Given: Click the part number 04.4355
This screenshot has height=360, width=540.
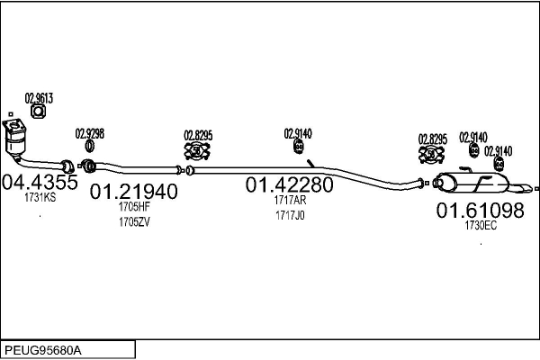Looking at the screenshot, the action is coord(40,181).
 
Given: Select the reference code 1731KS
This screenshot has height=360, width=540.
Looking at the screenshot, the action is coord(40,197).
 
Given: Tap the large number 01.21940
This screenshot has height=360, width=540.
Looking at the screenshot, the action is coord(133,191).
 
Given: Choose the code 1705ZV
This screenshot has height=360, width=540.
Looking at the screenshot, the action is coord(133,221).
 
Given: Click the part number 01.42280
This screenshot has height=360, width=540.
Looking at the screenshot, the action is coord(290,184).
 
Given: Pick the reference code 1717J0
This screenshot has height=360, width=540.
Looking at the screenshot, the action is coord(290,215).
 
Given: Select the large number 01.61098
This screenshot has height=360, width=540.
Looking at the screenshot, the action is coord(480,211).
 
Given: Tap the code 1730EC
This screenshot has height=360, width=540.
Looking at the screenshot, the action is coord(480,226).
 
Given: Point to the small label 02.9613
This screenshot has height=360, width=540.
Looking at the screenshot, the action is coord(39,98).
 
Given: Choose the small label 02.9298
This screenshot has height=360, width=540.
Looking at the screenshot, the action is coord(89,133).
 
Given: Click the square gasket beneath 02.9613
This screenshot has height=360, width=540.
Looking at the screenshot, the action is coord(39,112).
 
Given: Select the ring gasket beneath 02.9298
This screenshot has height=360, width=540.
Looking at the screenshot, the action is coord(89,147).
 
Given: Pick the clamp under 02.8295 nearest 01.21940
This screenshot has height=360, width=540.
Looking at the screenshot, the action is coord(198,151).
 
